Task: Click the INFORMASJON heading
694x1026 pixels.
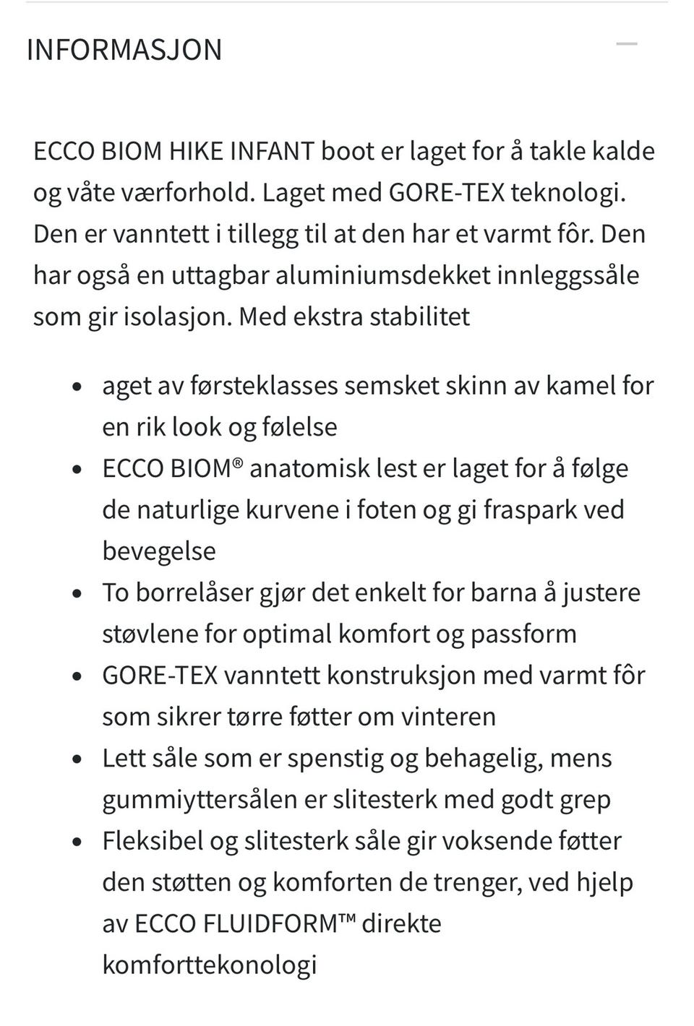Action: [x=124, y=50]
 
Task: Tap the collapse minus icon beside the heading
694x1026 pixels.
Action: [x=626, y=45]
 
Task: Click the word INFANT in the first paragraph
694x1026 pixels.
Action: [x=272, y=151]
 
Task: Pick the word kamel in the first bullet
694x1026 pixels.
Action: [x=578, y=386]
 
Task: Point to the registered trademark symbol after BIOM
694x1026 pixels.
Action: [x=238, y=462]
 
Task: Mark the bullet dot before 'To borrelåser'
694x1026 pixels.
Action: [x=78, y=594]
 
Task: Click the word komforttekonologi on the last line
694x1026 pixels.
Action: [x=210, y=965]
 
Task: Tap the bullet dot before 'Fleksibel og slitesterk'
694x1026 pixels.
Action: [x=78, y=842]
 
